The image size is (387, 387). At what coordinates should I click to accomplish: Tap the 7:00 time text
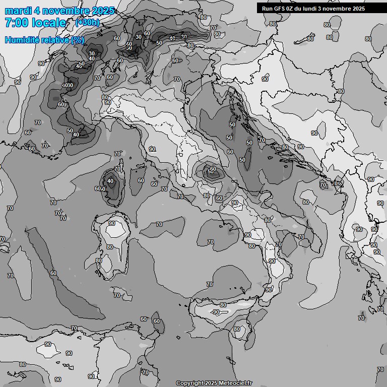pyautogui.click(x=16, y=23)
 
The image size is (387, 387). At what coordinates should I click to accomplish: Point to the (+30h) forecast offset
pyautogui.click(x=87, y=22)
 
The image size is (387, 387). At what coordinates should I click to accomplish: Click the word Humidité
pyautogui.click(x=21, y=40)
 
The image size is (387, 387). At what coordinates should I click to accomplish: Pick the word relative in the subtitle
pyautogui.click(x=54, y=40)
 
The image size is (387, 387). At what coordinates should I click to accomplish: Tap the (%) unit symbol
pyautogui.click(x=78, y=40)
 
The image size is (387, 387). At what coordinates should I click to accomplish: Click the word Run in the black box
pyautogui.click(x=267, y=8)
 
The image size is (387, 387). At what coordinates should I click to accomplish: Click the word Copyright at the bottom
pyautogui.click(x=190, y=383)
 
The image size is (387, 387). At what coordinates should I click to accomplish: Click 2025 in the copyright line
pyautogui.click(x=212, y=383)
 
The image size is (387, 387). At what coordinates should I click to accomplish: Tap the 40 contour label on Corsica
pyautogui.click(x=110, y=181)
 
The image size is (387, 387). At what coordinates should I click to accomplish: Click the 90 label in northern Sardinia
pyautogui.click(x=112, y=224)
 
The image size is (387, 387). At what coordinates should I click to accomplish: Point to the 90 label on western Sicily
pyautogui.click(x=216, y=312)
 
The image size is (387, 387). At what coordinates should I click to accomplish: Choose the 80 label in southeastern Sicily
pyautogui.click(x=237, y=330)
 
